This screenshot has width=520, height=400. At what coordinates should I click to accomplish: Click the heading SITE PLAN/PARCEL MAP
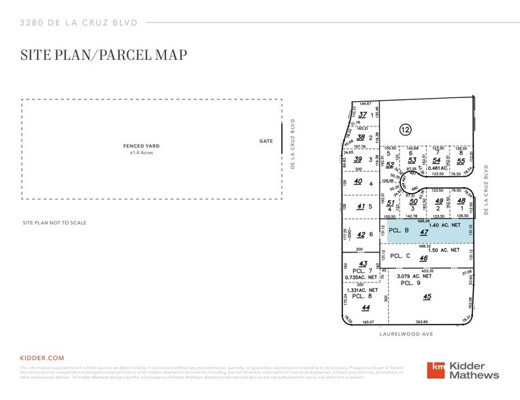pos(104,54)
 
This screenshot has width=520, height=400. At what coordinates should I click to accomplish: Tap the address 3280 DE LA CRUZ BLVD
pos(79,22)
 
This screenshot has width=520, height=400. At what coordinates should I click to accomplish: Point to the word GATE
pos(266,141)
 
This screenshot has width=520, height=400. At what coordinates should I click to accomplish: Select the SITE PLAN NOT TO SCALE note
pos(54,223)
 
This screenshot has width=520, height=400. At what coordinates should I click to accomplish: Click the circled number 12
pos(405,129)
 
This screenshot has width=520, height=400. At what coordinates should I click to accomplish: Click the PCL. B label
pos(400,230)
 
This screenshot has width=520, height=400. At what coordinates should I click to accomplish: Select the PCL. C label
pos(400,256)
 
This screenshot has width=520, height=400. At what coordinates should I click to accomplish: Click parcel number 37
pos(362,115)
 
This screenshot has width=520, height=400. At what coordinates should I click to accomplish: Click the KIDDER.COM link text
pos(42,357)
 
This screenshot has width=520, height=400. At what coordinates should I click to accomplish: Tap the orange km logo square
pos(436,370)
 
